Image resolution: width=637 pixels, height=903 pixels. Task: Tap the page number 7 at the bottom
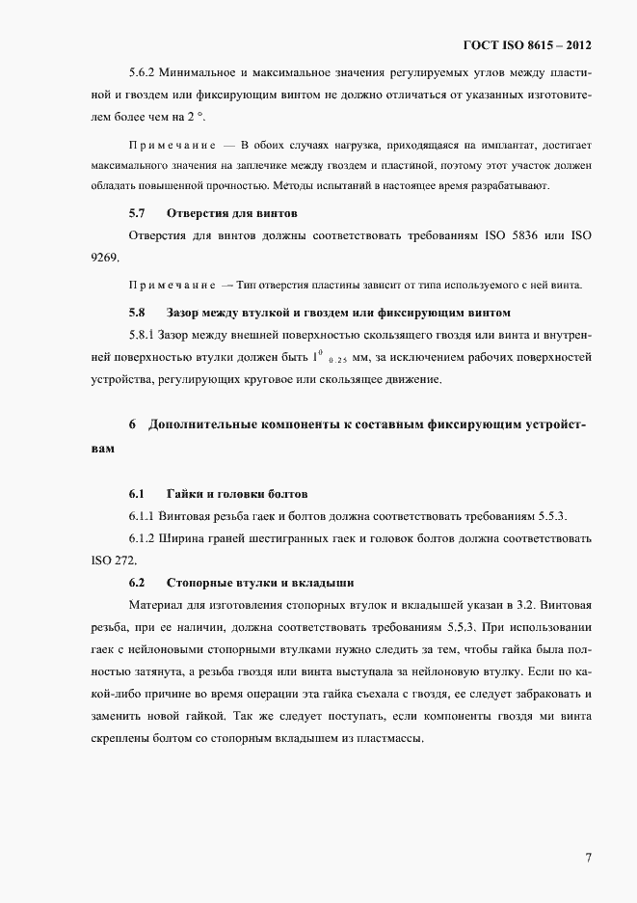[x=588, y=858]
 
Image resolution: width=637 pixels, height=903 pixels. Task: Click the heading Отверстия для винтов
[x=231, y=211]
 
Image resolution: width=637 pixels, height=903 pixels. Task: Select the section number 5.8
[x=137, y=313]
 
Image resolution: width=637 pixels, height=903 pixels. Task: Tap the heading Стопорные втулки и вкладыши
[x=260, y=583]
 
